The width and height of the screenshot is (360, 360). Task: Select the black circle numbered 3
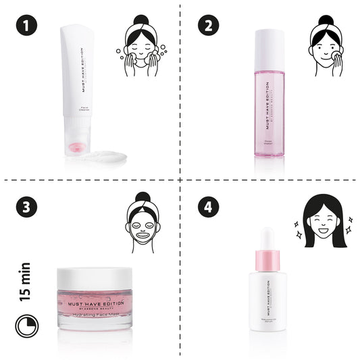(27, 207)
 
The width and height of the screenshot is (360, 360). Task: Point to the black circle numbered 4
(208, 207)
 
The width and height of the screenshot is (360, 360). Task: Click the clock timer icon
(27, 326)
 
